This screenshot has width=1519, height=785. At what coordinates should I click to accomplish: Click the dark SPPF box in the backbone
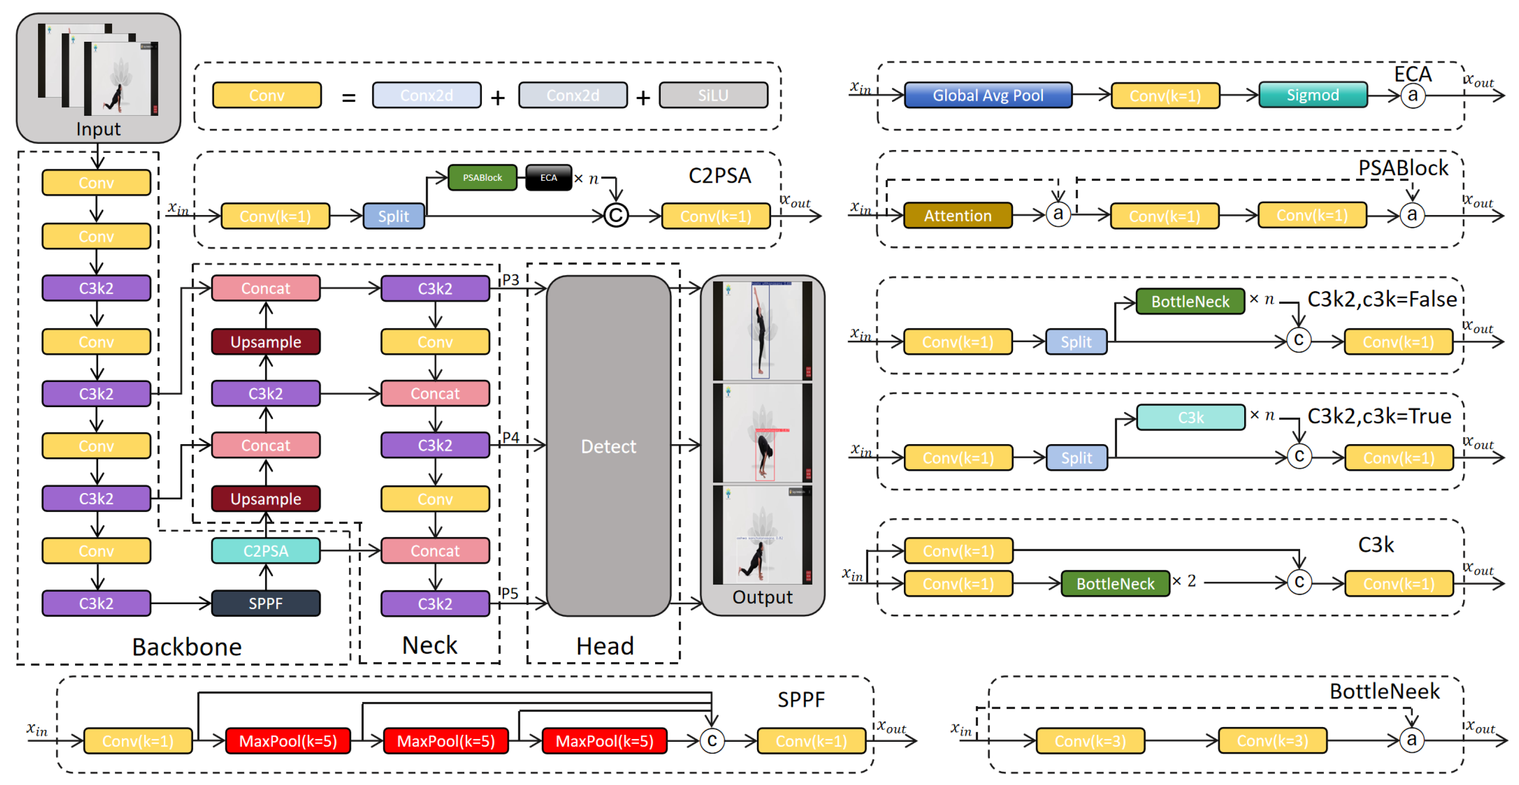point(265,603)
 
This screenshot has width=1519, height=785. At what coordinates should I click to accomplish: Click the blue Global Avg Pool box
point(988,95)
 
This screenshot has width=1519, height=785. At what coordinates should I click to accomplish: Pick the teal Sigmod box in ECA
point(1313,95)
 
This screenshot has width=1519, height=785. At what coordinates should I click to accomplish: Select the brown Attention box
point(957,216)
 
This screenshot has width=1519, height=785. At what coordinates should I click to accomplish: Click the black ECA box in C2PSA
point(548,178)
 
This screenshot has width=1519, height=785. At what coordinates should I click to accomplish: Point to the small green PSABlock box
point(482,178)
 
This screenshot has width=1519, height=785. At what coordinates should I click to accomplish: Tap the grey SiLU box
point(713,95)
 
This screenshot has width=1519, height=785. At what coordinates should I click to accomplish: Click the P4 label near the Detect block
point(511,438)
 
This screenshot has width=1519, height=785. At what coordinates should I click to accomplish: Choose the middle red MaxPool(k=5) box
point(446,741)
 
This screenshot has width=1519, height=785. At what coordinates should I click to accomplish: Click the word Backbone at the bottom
point(187,647)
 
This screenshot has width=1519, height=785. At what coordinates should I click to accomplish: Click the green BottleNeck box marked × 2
point(1115,583)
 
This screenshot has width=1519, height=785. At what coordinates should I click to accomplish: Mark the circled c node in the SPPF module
point(712,741)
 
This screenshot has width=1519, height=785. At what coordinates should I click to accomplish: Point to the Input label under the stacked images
point(98,129)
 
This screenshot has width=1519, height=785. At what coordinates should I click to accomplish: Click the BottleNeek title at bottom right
point(1384,691)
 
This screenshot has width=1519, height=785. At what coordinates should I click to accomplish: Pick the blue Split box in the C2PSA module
point(394,216)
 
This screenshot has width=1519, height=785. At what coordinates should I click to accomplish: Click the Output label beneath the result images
point(762,597)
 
